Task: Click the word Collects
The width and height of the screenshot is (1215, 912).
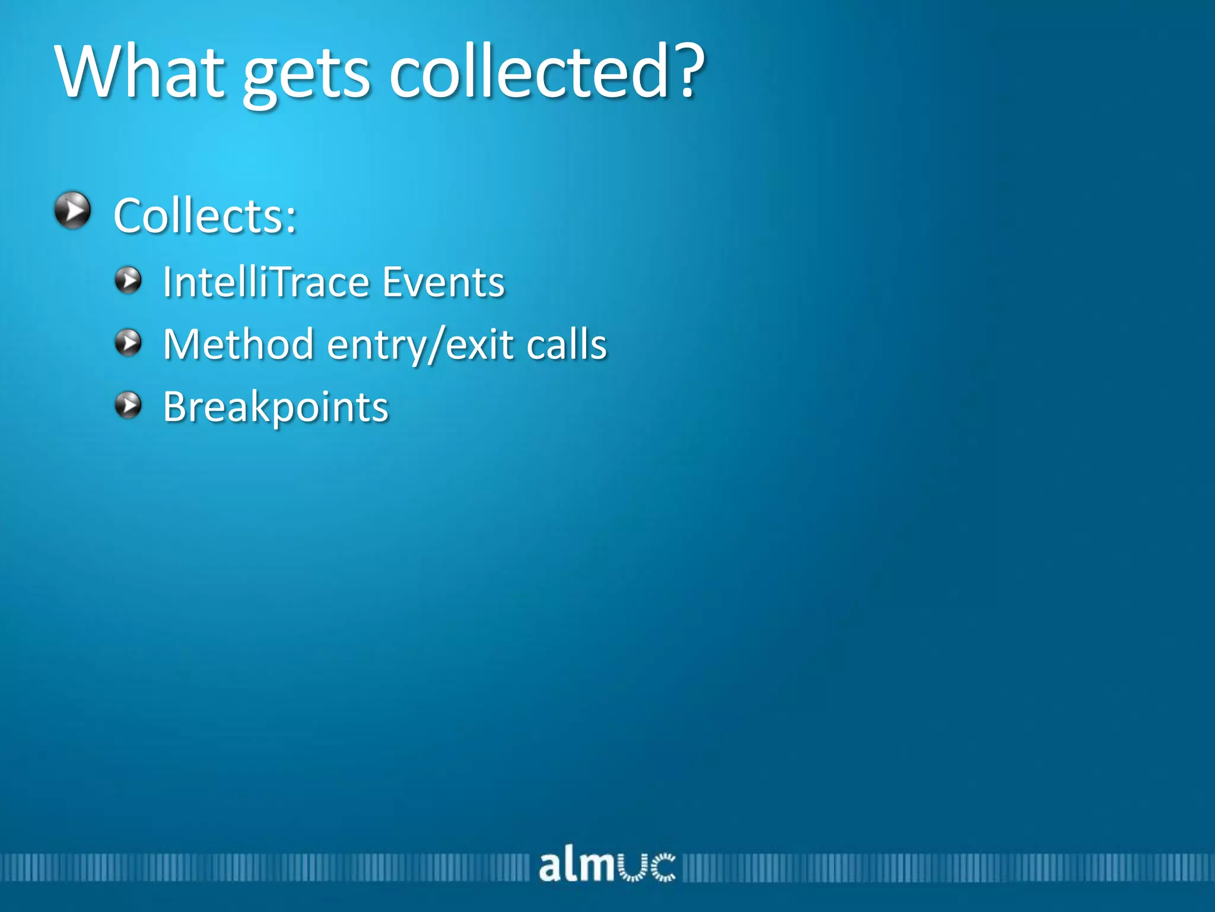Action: coord(198,216)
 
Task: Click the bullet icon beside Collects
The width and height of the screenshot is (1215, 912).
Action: coord(72,210)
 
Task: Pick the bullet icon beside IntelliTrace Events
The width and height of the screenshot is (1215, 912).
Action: coord(128,280)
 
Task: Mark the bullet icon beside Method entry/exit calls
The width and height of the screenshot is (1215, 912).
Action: coord(128,343)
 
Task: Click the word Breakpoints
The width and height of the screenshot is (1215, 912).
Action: coord(276,407)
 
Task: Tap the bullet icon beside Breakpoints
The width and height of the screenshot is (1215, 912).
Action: coord(128,406)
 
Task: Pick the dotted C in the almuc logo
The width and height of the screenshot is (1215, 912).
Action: coord(663,867)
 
